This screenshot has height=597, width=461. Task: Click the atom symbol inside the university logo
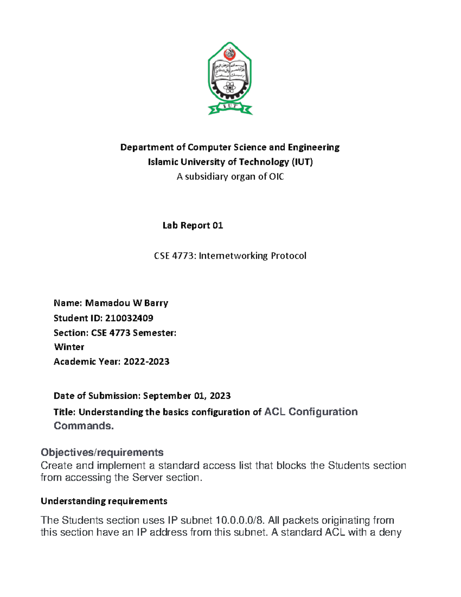click(x=230, y=88)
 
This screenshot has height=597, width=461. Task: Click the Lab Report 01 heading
click(x=192, y=225)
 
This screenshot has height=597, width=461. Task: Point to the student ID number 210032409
click(x=129, y=318)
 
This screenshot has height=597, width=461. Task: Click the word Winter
click(x=69, y=347)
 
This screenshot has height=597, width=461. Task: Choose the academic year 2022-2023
click(x=146, y=361)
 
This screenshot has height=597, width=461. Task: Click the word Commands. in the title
click(x=84, y=426)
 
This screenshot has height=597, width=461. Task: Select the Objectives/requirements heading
click(x=102, y=452)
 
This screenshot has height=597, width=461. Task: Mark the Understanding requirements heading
click(x=104, y=501)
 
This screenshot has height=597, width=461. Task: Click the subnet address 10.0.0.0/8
click(x=240, y=520)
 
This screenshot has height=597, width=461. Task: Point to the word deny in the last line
click(x=390, y=532)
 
